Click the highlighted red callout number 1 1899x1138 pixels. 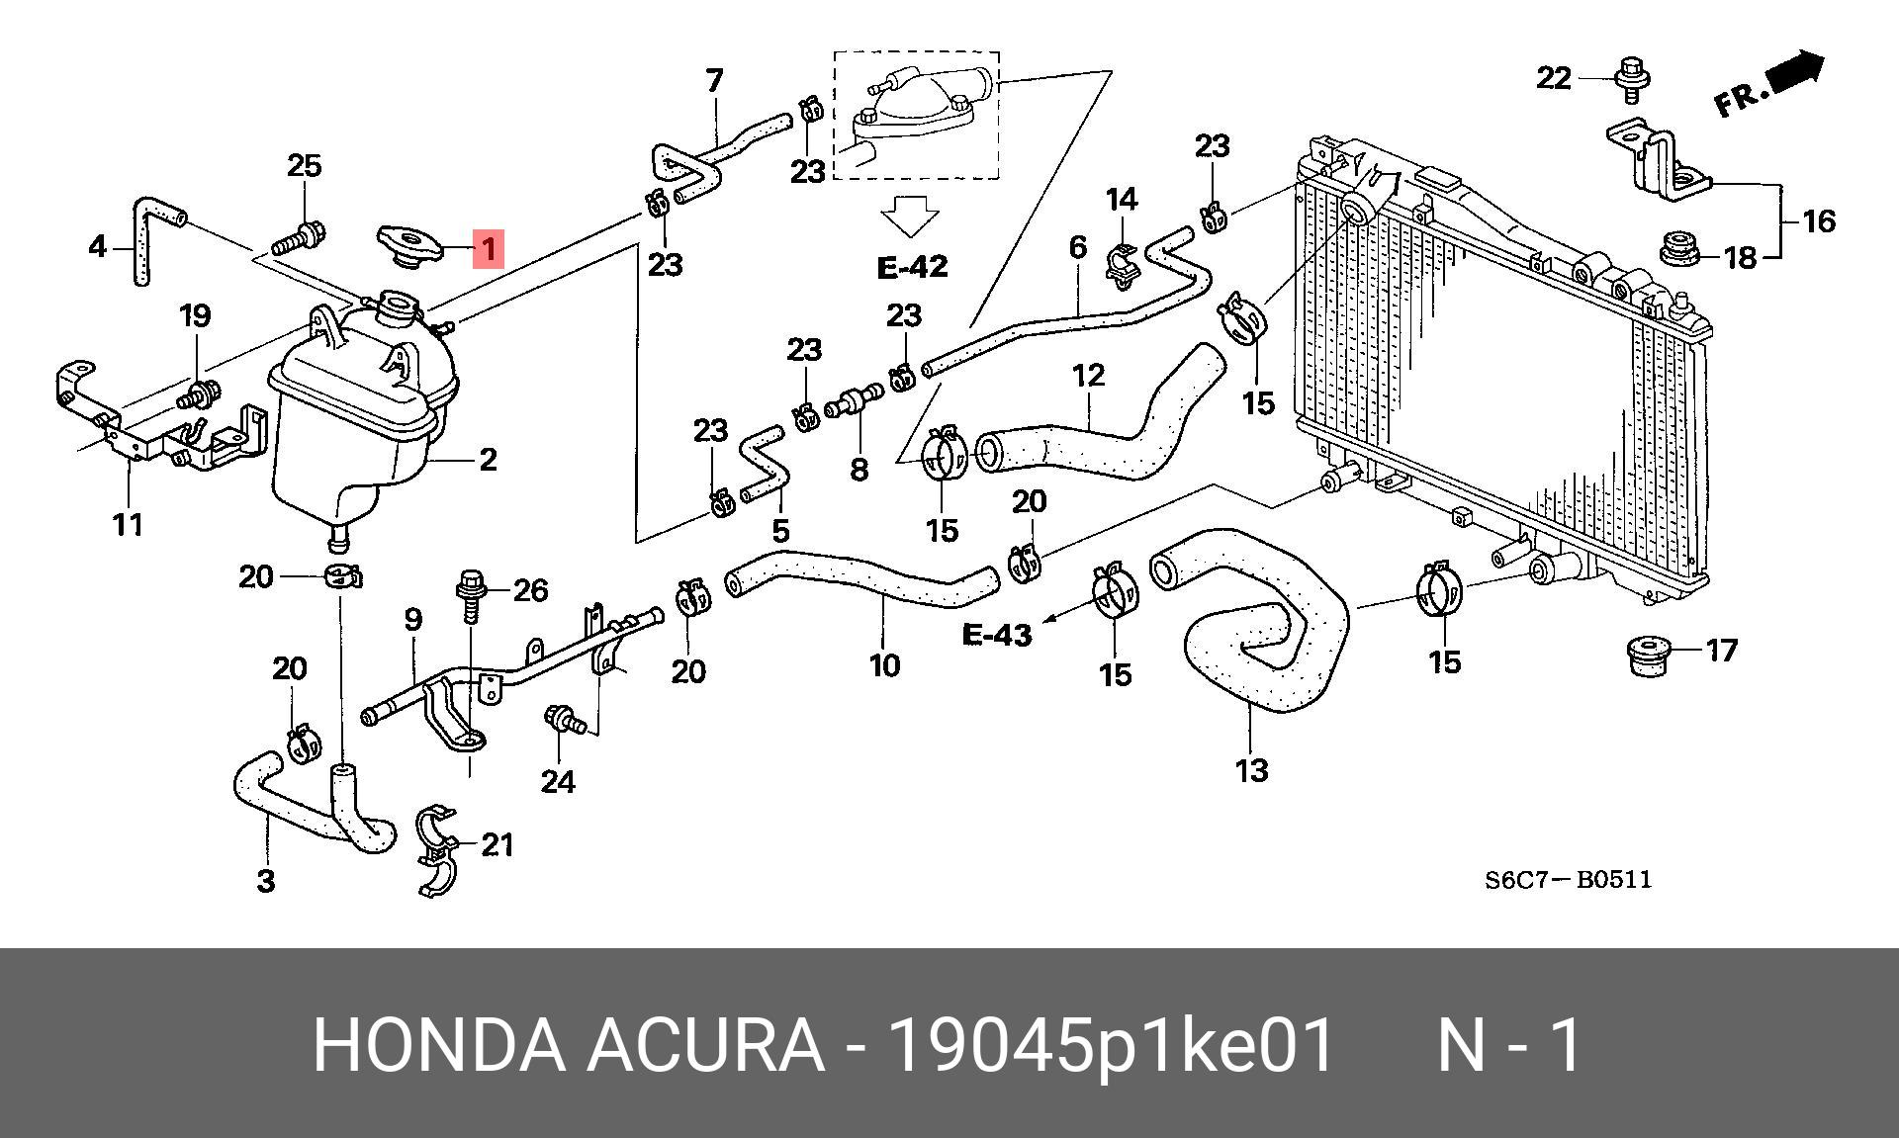[489, 247]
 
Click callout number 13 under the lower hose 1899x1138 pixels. [1251, 770]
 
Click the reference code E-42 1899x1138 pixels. [912, 267]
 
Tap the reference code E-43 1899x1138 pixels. [997, 634]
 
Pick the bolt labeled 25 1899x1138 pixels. [297, 237]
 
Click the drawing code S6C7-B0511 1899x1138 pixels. [1568, 879]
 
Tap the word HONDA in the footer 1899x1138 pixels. [439, 1044]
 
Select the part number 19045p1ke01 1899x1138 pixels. [1112, 1044]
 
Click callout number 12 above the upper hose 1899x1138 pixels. [1088, 376]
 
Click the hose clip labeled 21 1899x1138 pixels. [438, 850]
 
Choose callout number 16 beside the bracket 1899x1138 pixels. [1819, 220]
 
